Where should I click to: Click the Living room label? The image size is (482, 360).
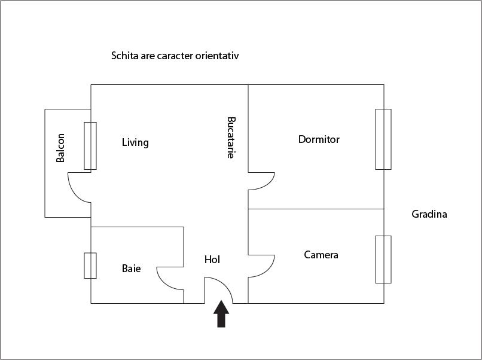coord(135,143)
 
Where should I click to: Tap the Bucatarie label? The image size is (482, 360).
coord(231,137)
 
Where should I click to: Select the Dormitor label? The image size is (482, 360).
coord(319,139)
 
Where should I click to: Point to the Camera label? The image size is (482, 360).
coord(321,255)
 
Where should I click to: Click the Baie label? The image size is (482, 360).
coord(132,269)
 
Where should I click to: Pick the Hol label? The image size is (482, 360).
coord(212,260)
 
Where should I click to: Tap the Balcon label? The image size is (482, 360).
coord(60,148)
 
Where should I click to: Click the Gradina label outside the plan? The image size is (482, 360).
coord(429,214)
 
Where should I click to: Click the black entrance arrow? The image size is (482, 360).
coord(221,314)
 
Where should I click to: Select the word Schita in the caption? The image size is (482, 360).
coord(124,56)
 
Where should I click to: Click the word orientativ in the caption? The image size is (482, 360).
coord(217,56)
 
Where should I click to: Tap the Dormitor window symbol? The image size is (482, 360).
coord(383,139)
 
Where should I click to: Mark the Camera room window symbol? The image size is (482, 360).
coord(383,259)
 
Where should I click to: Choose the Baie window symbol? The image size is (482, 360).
coord(90,266)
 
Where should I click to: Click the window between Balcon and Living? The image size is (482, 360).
coord(90,146)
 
